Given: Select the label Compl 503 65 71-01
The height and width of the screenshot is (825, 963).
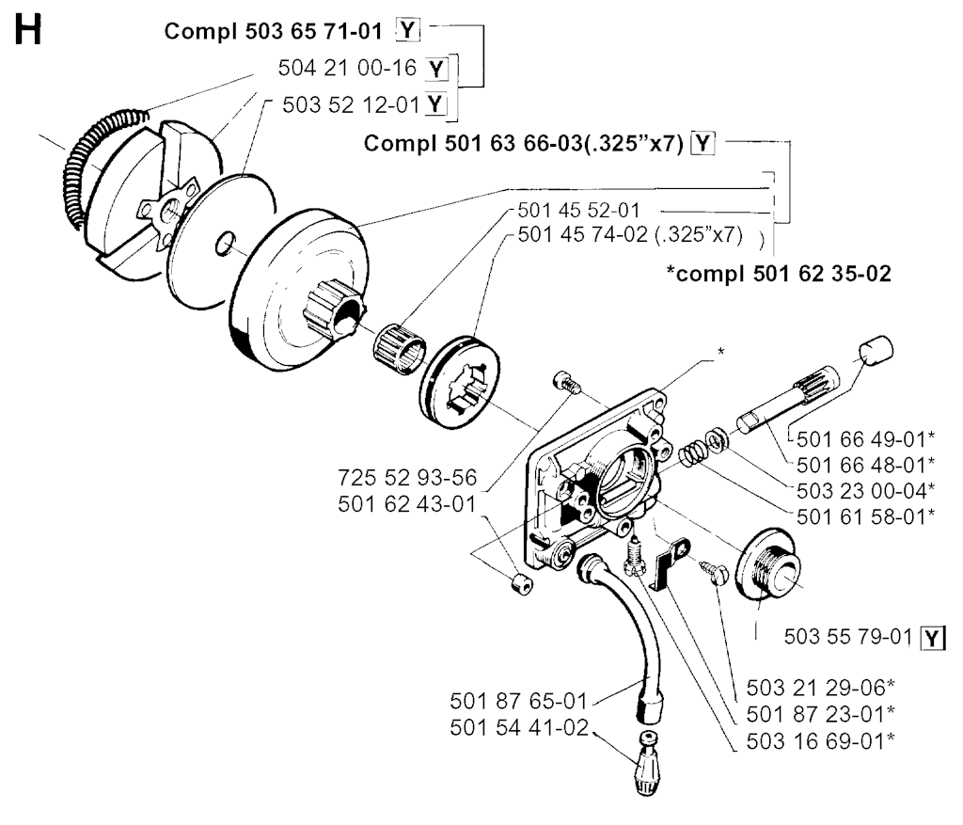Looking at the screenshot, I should pos(273,31).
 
